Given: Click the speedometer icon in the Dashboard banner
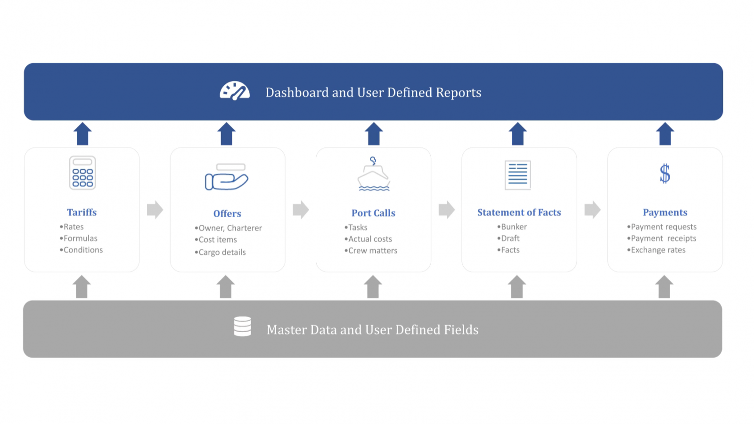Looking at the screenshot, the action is (x=235, y=90).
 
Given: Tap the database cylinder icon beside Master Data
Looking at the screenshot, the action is (x=242, y=326).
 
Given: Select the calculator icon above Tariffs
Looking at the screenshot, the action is (x=82, y=172).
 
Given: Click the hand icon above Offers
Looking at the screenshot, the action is (x=227, y=177).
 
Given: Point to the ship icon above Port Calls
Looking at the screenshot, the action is (x=374, y=174).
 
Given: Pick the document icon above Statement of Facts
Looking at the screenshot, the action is (x=518, y=175).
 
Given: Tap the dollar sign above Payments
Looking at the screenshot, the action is (x=665, y=173).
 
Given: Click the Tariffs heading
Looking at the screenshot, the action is (x=82, y=212).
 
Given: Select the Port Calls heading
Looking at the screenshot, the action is (x=373, y=213).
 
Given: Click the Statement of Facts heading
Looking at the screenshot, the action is (x=519, y=212).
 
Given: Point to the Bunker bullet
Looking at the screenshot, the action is (x=512, y=227).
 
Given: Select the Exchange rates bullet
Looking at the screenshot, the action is (x=656, y=250).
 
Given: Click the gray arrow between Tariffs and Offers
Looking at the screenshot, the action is (x=155, y=210).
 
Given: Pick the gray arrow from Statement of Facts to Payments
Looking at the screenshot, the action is (x=592, y=210).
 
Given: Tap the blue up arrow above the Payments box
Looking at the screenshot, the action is (x=665, y=134).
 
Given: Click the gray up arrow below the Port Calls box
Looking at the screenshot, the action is (x=373, y=287).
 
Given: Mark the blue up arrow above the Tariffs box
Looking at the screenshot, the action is (x=82, y=134).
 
